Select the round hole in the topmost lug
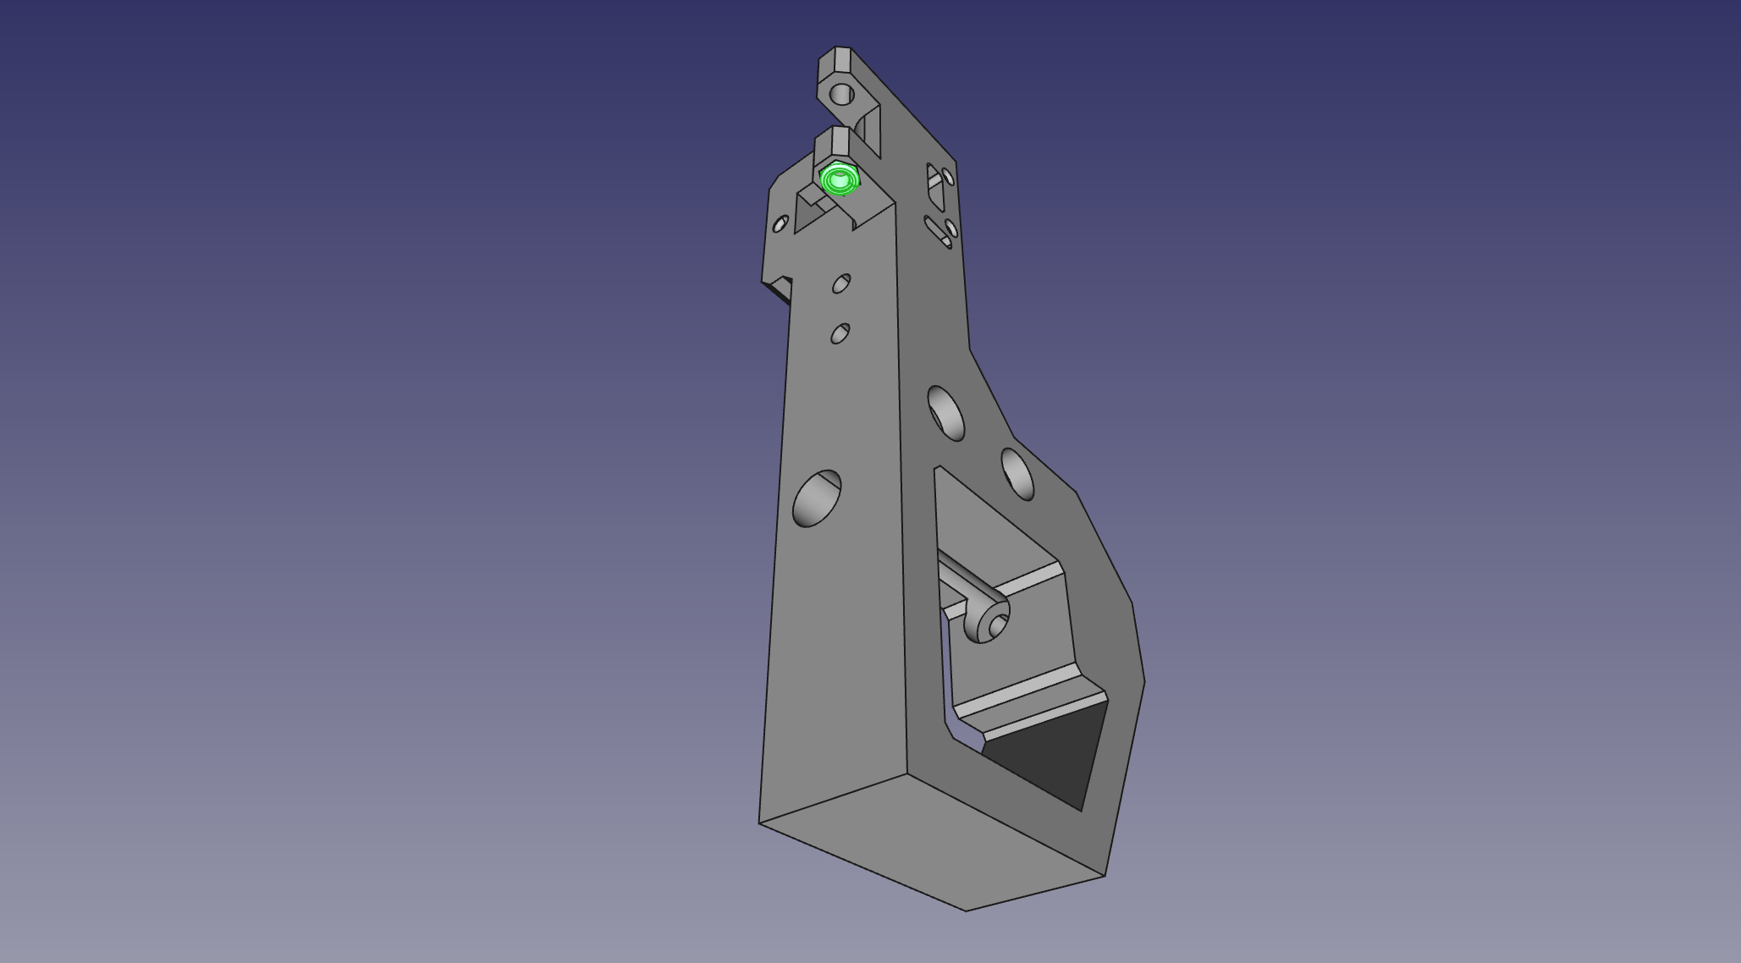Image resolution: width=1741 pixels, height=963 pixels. pos(841,94)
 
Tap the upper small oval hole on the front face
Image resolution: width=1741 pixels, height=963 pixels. pos(840,283)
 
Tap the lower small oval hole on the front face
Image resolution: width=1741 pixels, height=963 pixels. pos(840,333)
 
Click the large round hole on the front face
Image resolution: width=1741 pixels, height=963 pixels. pos(817,499)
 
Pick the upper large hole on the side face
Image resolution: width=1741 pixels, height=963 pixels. pos(946,413)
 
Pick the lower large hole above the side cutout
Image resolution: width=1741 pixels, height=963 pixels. pos(1017,474)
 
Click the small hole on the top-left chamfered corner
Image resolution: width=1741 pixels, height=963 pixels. pos(780,224)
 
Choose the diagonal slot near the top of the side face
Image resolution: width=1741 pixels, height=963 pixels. pos(937,230)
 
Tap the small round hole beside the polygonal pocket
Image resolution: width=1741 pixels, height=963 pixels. pos(948,177)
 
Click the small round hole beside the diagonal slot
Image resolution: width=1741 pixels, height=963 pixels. pos(951,228)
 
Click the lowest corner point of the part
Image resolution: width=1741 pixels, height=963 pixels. pos(966,911)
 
